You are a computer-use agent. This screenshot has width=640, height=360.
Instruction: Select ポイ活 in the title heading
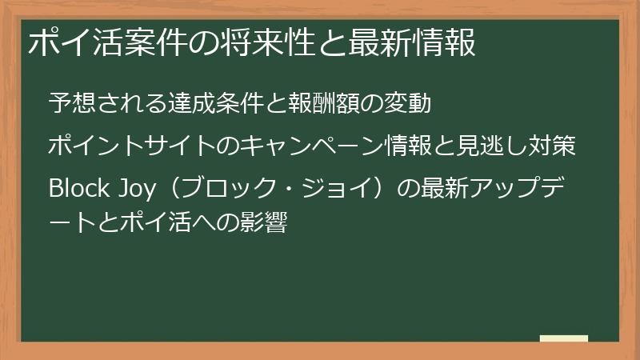click(x=77, y=42)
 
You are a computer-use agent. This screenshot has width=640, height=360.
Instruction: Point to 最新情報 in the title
click(x=412, y=42)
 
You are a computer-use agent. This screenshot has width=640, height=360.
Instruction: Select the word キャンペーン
click(x=314, y=147)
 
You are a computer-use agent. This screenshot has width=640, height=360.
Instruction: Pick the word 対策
click(x=554, y=147)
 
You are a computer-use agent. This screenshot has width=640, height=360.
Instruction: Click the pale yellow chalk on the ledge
click(x=564, y=338)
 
